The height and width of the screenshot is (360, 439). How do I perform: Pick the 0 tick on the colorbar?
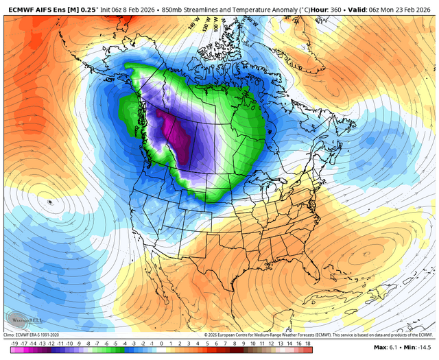coord(161,342)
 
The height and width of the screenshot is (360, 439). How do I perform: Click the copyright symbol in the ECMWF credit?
coord(206,334)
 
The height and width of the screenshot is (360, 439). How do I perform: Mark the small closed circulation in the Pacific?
coord(49,203)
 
